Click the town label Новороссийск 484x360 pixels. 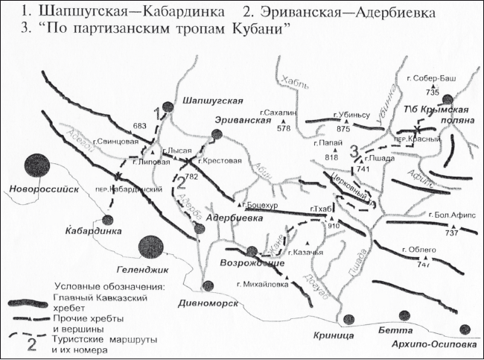pyautogui.click(x=44, y=189)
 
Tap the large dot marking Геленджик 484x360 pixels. pyautogui.click(x=150, y=245)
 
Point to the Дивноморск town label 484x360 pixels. pyautogui.click(x=208, y=303)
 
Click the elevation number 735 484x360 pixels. pyautogui.click(x=433, y=92)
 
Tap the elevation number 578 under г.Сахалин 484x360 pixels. pyautogui.click(x=283, y=129)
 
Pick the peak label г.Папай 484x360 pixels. pyautogui.click(x=329, y=142)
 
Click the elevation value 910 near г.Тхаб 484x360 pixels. pyautogui.click(x=333, y=226)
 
